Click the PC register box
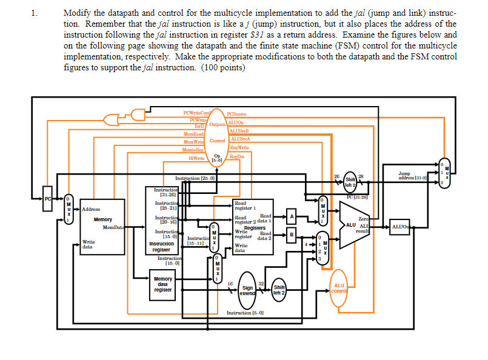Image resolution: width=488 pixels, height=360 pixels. coord(47,200)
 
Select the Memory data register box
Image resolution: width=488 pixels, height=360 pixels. coord(162,284)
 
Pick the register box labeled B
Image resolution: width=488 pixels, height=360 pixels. coord(291,235)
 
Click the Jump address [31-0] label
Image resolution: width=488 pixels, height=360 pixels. coord(412,176)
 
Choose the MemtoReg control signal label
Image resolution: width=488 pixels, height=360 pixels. coord(193,149)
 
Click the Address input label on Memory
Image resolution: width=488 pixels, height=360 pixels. coord(91,208)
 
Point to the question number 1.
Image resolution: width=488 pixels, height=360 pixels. coord(34,12)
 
